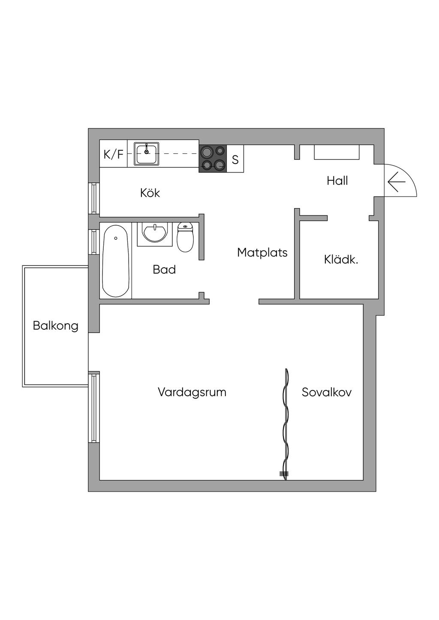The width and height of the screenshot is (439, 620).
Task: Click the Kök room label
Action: (x=150, y=193)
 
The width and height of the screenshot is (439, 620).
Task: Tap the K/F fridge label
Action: (x=113, y=154)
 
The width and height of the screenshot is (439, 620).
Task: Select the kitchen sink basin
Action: (x=147, y=154)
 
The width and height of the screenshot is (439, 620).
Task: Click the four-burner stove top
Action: (x=213, y=158)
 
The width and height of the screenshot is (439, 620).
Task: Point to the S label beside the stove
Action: (x=235, y=160)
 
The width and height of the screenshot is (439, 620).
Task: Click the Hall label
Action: (x=337, y=181)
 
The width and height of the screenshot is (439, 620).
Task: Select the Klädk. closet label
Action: (x=341, y=259)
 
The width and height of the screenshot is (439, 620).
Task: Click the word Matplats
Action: (x=262, y=253)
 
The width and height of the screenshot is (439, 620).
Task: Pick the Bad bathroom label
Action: (x=164, y=269)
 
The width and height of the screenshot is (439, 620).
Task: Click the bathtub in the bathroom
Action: (x=116, y=261)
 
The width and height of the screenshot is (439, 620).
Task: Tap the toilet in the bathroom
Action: (x=185, y=238)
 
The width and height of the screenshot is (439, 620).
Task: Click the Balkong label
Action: (x=56, y=326)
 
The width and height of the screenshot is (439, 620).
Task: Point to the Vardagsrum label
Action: (x=192, y=392)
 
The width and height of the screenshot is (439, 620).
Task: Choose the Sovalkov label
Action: (x=327, y=392)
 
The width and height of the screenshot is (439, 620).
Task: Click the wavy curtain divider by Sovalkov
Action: (x=284, y=424)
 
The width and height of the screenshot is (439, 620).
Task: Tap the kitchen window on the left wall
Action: (x=93, y=198)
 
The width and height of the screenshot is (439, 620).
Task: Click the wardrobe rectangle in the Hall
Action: (x=337, y=152)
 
